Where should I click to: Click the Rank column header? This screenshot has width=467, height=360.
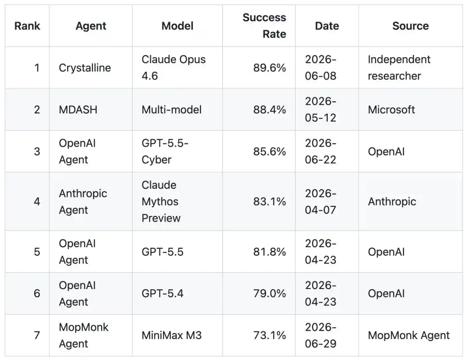(x=27, y=26)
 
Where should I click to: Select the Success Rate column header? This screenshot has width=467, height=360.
(x=264, y=26)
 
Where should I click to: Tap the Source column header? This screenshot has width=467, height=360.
(x=410, y=26)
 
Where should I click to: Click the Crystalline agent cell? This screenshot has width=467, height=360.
(x=85, y=67)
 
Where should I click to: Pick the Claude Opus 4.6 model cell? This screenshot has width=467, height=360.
(x=174, y=67)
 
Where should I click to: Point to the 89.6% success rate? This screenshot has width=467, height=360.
(x=269, y=67)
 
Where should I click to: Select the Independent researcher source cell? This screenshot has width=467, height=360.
(x=399, y=67)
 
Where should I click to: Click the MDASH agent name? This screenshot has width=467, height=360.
(x=78, y=109)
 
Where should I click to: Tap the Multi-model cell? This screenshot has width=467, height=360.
(x=172, y=109)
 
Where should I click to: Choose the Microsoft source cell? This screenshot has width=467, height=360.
(x=391, y=109)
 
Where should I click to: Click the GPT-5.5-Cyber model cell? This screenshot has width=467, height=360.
(x=165, y=151)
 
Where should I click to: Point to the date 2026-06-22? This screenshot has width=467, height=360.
(x=320, y=151)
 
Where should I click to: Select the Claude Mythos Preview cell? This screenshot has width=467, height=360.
(x=161, y=202)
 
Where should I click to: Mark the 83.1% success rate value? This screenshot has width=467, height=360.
(x=269, y=202)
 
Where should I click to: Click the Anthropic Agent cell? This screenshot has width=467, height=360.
(x=83, y=202)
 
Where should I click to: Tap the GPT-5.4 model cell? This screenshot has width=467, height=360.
(x=163, y=293)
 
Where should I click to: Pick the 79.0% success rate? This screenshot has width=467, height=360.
(x=269, y=293)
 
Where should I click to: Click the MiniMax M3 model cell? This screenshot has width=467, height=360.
(x=172, y=335)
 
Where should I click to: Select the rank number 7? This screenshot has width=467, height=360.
(x=37, y=335)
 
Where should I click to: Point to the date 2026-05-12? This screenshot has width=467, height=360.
(x=320, y=109)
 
